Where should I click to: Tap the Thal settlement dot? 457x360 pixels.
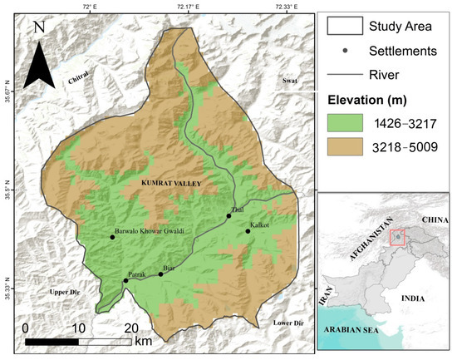click(228, 216)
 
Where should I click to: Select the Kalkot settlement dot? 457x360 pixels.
click(248, 231)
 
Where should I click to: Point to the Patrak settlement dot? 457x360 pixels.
click(125, 281)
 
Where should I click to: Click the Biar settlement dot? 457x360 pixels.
click(160, 274)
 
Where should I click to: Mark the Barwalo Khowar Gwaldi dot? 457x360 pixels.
click(112, 238)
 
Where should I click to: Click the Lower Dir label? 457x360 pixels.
click(287, 322)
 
